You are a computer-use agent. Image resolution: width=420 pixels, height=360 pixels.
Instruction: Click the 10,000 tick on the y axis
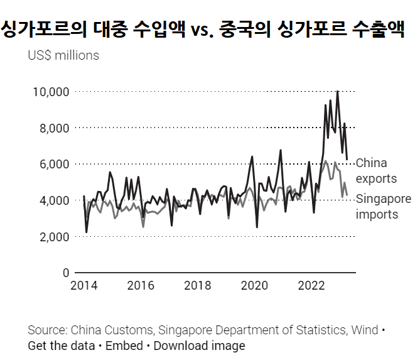pyautogui.click(x=50, y=92)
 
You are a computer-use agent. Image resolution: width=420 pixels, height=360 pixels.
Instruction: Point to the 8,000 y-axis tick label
pyautogui.click(x=53, y=128)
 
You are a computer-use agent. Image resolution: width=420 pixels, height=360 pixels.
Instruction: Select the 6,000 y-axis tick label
pyautogui.click(x=53, y=164)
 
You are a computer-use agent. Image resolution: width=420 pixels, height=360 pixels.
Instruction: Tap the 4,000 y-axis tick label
pyautogui.click(x=53, y=200)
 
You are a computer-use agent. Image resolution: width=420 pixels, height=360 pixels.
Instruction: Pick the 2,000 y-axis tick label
pyautogui.click(x=53, y=237)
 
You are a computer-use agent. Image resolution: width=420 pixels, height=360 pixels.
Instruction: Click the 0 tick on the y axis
pyautogui.click(x=65, y=273)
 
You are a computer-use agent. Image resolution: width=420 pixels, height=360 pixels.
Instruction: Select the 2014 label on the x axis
pyautogui.click(x=83, y=286)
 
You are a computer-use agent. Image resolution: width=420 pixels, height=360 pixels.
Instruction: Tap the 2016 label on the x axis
pyautogui.click(x=141, y=286)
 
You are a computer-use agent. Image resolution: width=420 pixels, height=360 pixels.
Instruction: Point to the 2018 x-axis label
pyautogui.click(x=198, y=286)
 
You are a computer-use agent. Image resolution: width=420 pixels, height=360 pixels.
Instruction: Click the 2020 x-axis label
pyautogui.click(x=255, y=286)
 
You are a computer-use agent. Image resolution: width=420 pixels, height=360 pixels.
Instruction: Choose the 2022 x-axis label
pyautogui.click(x=312, y=286)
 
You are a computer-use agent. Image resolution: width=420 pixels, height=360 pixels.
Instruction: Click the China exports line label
pyautogui.click(x=376, y=171)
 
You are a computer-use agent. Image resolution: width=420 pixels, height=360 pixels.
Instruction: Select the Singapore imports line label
pyautogui.click(x=383, y=207)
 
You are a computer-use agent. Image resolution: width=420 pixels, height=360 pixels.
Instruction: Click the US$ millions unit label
pyautogui.click(x=63, y=55)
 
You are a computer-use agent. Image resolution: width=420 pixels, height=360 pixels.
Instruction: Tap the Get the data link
pyautogui.click(x=60, y=346)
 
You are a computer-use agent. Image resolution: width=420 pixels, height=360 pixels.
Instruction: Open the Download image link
pyautogui.click(x=199, y=346)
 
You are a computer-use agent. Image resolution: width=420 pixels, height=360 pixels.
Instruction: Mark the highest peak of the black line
pyautogui.click(x=338, y=92)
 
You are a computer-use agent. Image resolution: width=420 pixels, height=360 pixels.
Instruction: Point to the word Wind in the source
pyautogui.click(x=365, y=330)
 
